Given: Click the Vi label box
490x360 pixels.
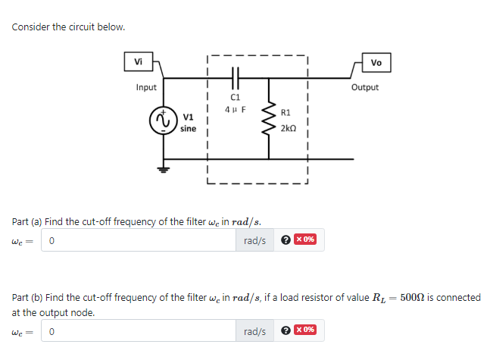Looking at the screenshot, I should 137,61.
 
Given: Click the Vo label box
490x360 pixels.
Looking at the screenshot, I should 376,62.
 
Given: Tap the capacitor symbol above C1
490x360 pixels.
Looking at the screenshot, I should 235,77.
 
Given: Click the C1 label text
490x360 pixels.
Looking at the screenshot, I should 235,97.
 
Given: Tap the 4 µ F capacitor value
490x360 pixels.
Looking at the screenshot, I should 235,109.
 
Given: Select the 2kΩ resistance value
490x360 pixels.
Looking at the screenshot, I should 288,129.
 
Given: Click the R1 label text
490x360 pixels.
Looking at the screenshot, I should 286,113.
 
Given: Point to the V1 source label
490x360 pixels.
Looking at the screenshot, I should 189,117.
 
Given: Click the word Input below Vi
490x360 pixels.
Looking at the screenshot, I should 146,87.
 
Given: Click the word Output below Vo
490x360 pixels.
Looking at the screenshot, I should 365,87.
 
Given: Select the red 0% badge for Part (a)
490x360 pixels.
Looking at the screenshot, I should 305,240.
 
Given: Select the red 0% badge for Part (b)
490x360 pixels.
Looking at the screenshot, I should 305,330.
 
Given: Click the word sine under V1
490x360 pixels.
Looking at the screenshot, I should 189,129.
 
